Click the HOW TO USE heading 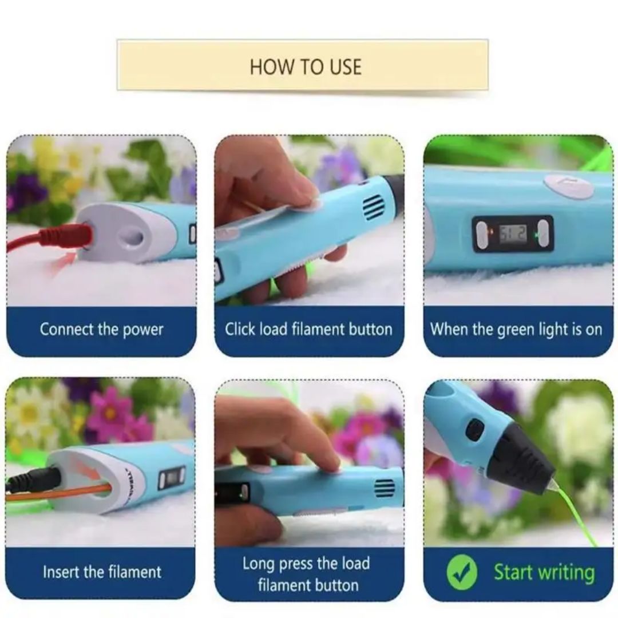pyautogui.click(x=306, y=66)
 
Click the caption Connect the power pyautogui.click(x=101, y=330)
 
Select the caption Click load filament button pyautogui.click(x=308, y=329)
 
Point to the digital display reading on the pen pyautogui.click(x=512, y=234)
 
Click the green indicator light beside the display pyautogui.click(x=536, y=236)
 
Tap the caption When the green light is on pyautogui.click(x=516, y=330)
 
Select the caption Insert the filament pyautogui.click(x=102, y=572)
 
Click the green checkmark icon pyautogui.click(x=462, y=572)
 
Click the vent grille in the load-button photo pyautogui.click(x=373, y=207)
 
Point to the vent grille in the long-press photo pyautogui.click(x=385, y=488)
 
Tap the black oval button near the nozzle pyautogui.click(x=474, y=430)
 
